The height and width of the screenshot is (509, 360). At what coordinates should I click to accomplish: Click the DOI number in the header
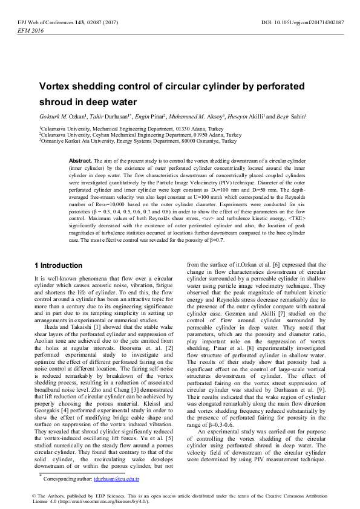[x=311, y=22]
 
